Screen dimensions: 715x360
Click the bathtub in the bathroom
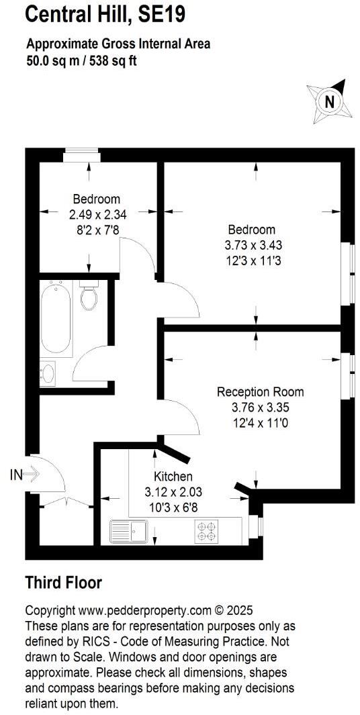point(56,319)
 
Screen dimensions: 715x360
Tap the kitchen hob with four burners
point(206,531)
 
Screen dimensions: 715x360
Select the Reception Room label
point(260,391)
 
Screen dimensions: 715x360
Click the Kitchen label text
point(173,477)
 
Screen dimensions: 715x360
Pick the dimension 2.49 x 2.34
point(97,215)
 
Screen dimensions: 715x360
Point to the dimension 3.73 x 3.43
point(250,246)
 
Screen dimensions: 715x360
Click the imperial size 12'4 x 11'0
point(260,423)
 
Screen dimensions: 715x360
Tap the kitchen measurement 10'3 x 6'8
point(173,508)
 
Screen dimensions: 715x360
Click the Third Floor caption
point(64,582)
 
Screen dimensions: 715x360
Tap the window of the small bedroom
point(82,155)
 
